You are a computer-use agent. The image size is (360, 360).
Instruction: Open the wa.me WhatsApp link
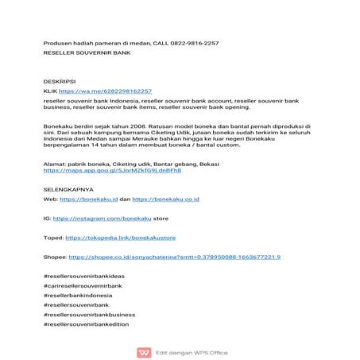point(104,91)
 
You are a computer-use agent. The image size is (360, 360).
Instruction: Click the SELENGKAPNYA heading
point(68,190)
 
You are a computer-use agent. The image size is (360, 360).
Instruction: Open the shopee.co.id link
point(174,257)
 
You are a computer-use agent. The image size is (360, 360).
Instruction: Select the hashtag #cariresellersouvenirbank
point(83,285)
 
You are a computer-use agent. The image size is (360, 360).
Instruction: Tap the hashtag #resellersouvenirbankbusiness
point(90,314)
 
